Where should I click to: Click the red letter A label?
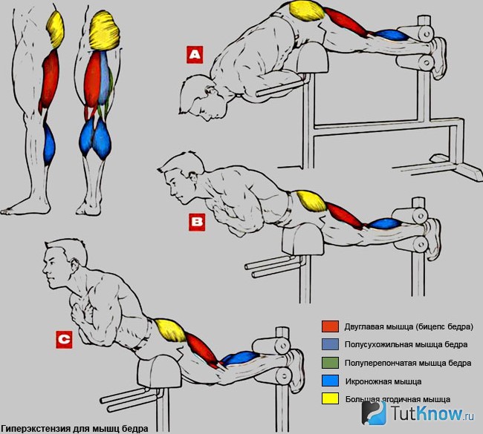coord(195,55)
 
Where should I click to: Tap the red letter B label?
coord(197,222)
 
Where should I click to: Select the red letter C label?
coord(64,340)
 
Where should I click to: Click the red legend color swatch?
coord(330,326)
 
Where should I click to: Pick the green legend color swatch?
coord(330,363)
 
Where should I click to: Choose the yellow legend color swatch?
coord(330,399)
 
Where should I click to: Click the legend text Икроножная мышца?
coord(383,382)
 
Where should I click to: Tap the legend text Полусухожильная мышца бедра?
coord(406,345)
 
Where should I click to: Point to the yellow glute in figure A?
coord(308,10)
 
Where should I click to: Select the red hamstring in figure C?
coord(203,350)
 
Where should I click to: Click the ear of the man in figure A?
coord(212,91)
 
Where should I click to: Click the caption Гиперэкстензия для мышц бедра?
coord(74,429)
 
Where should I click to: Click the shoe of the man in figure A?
coord(439,58)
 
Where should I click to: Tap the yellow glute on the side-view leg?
coord(56,29)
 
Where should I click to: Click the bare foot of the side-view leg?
coord(25,207)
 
